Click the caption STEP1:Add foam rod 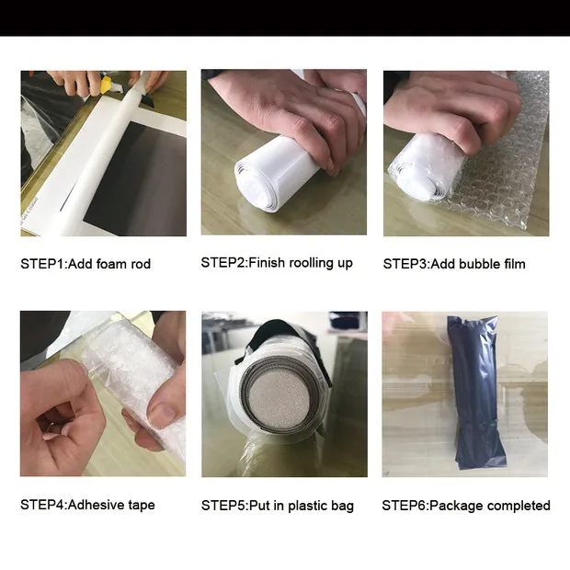[85, 264]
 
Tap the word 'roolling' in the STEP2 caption [310, 262]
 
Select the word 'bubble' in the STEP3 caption [480, 264]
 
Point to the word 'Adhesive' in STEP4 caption [96, 505]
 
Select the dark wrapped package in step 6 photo [476, 392]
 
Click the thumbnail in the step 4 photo [164, 413]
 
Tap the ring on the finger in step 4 [51, 427]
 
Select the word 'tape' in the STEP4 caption [142, 506]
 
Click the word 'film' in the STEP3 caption [515, 264]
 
